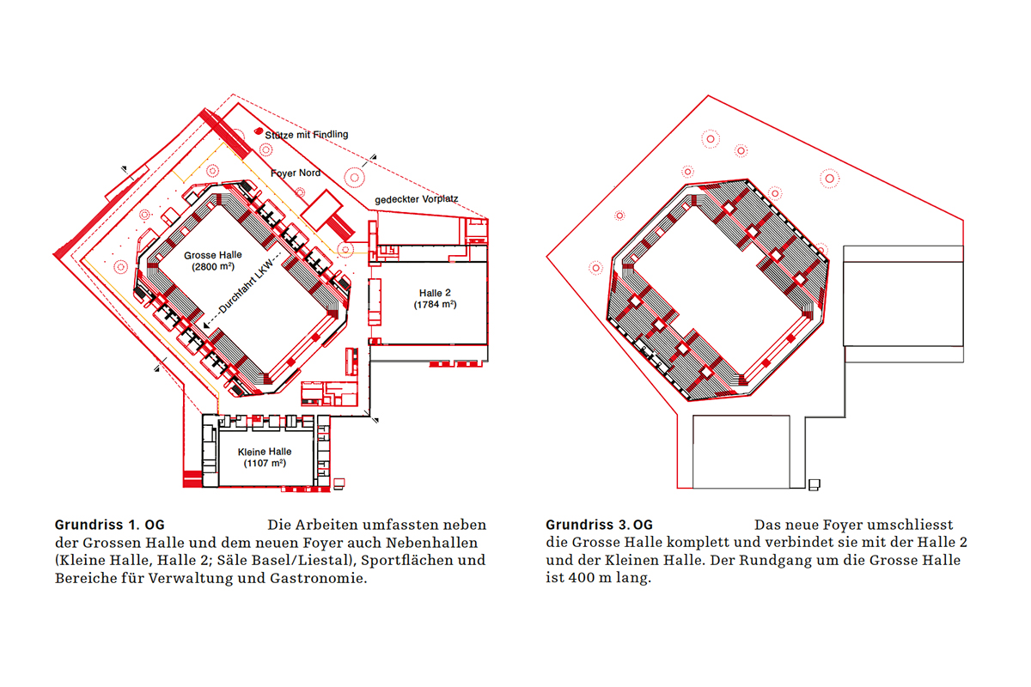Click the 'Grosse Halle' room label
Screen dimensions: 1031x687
click(x=213, y=255)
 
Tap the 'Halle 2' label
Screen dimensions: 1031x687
click(x=435, y=293)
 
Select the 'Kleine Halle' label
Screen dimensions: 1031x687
click(x=265, y=452)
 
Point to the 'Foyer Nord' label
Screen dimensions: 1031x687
click(x=296, y=173)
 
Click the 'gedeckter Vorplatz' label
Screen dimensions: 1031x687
click(x=417, y=199)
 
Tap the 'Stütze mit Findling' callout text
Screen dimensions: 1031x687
click(x=307, y=134)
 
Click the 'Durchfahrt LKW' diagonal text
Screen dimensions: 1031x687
click(x=247, y=285)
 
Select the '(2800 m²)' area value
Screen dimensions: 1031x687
click(x=213, y=266)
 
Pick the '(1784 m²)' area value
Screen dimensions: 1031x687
click(x=435, y=304)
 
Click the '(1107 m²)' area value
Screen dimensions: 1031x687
click(x=265, y=463)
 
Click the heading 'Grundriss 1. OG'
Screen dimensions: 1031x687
click(x=110, y=525)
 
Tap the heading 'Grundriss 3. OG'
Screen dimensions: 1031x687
click(x=600, y=525)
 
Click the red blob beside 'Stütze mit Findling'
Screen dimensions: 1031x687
click(x=259, y=131)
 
